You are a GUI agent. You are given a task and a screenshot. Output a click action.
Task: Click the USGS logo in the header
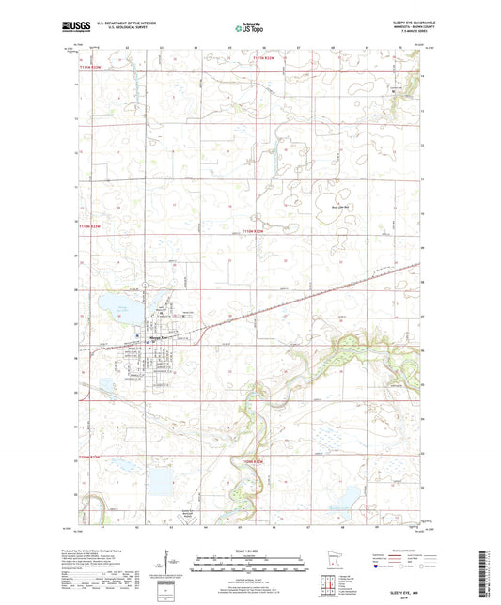77,27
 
